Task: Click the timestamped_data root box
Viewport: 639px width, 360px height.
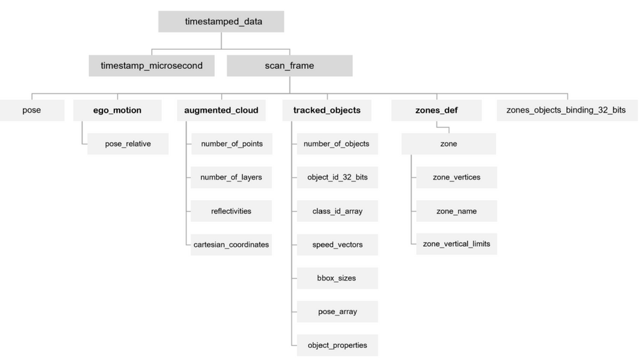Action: [x=221, y=21]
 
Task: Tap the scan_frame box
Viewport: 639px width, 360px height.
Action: [x=289, y=65]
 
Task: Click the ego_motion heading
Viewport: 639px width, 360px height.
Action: [x=117, y=110]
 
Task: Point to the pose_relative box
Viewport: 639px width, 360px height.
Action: [x=128, y=144]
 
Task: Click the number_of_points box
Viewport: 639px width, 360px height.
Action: [x=231, y=144]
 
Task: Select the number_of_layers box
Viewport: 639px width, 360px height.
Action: [x=231, y=177]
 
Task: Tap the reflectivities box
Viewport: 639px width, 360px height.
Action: [x=231, y=211]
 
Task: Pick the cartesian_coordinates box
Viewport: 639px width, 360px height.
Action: [x=231, y=244]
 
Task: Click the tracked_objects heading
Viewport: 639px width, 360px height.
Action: [x=327, y=110]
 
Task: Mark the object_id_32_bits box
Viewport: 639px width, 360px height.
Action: [x=337, y=177]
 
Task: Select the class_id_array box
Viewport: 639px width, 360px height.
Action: [x=337, y=211]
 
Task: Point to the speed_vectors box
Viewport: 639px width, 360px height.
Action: [x=337, y=244]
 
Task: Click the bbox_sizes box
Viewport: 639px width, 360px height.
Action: [x=337, y=278]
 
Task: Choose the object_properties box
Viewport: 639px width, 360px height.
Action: [x=337, y=345]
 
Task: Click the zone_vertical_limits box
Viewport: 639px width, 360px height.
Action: [x=456, y=244]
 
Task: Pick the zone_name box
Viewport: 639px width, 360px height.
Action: [x=456, y=211]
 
